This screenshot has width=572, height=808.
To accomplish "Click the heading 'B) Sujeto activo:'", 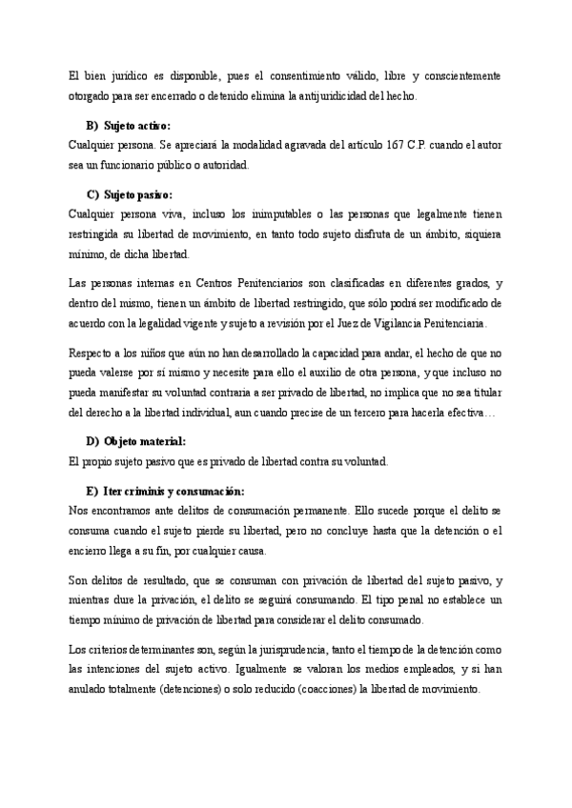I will [x=129, y=127].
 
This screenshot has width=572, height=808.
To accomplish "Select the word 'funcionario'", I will [x=136, y=165].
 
